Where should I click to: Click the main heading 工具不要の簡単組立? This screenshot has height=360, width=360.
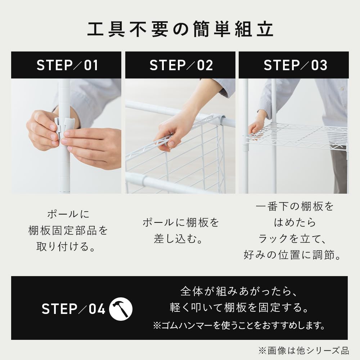pos(180,30)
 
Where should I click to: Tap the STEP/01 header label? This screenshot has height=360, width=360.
pos(67,66)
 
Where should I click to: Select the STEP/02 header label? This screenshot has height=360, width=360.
pos(181,66)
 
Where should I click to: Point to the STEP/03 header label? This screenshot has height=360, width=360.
pos(295,66)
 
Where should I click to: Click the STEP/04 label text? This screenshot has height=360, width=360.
pos(73,309)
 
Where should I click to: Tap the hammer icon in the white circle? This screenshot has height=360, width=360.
pos(121,309)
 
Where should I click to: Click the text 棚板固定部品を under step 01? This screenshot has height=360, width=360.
pos(68,230)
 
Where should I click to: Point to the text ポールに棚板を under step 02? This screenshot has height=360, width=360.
pos(181,222)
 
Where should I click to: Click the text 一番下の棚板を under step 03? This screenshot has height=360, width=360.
pos(294,207)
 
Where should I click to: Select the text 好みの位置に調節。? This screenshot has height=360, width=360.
pos(292,255)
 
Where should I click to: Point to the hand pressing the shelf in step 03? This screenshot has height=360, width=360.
pos(256,126)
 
